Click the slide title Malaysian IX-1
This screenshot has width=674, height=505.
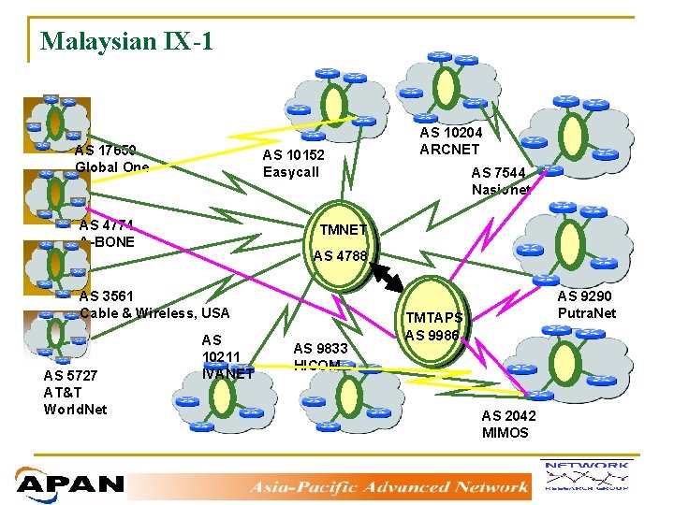click(x=127, y=41)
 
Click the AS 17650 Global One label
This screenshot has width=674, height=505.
click(x=111, y=158)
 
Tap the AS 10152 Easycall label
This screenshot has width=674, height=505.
click(x=293, y=164)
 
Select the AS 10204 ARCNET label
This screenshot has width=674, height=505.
click(x=450, y=141)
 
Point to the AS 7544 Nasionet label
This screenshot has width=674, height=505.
click(x=501, y=180)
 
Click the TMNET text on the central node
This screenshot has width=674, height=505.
click(x=344, y=230)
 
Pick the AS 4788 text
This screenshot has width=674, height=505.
click(x=341, y=255)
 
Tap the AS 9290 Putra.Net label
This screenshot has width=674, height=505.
click(x=587, y=305)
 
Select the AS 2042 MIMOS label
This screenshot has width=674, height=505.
click(x=505, y=425)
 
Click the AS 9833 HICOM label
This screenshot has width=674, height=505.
click(x=321, y=356)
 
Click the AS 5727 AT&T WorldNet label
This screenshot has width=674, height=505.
click(x=75, y=392)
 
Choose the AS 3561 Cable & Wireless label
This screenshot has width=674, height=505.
click(x=154, y=304)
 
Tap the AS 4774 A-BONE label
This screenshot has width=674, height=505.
click(x=107, y=233)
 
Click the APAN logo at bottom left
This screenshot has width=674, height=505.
click(x=70, y=483)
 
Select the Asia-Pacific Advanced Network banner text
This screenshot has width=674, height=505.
click(x=389, y=485)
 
